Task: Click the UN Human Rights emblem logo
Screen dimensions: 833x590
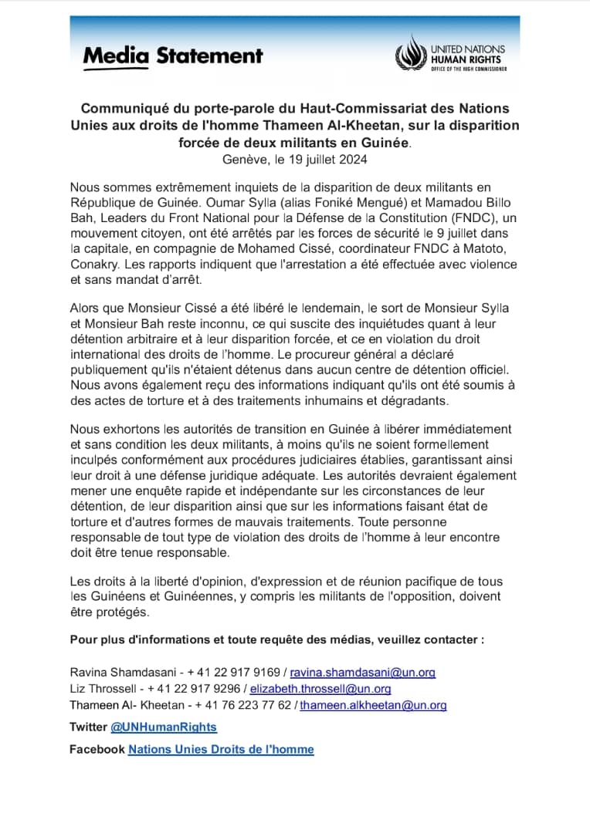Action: pyautogui.click(x=410, y=56)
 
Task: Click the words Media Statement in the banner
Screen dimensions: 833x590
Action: pyautogui.click(x=172, y=56)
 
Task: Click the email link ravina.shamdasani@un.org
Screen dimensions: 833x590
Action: pyautogui.click(x=362, y=673)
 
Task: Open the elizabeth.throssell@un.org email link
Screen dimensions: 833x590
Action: pyautogui.click(x=320, y=689)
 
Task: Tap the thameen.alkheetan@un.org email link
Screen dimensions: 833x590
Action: pyautogui.click(x=373, y=705)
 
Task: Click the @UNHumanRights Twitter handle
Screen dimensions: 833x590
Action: pyautogui.click(x=164, y=727)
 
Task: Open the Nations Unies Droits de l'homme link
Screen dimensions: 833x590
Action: pyautogui.click(x=221, y=749)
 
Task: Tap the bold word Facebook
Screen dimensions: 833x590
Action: pyautogui.click(x=97, y=749)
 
